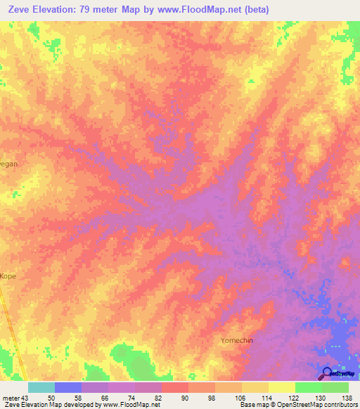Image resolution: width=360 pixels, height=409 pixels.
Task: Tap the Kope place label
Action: coord(8,276)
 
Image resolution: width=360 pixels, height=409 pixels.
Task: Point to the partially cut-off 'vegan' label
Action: coord(8,163)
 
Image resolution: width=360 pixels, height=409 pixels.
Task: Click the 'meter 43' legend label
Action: coord(15,398)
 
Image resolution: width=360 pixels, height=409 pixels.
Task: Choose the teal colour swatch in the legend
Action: coord(41,387)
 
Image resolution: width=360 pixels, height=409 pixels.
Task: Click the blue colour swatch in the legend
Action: coord(68,387)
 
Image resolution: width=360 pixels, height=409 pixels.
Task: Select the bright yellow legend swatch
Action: coord(282,387)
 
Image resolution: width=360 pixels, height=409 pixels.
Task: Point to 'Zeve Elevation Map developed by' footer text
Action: coord(46,405)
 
